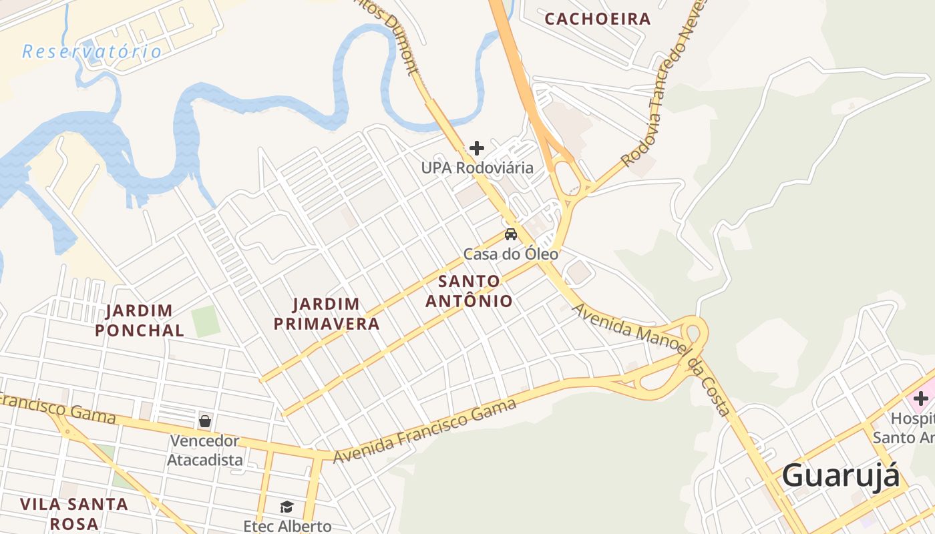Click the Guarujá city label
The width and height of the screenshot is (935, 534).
[x=840, y=476]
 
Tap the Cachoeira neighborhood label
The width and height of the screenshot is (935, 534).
[x=598, y=19]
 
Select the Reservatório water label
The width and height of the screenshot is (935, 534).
[x=91, y=51]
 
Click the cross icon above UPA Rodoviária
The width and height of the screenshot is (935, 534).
[x=477, y=148]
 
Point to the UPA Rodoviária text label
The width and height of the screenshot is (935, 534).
[x=477, y=168]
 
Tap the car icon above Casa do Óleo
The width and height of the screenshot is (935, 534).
[x=511, y=234]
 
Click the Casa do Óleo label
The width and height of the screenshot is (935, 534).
[x=511, y=254]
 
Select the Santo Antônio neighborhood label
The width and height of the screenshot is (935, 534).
[x=469, y=291]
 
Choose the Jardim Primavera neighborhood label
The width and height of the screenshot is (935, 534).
[x=336, y=314]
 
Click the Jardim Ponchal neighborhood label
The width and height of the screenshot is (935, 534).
[x=140, y=320]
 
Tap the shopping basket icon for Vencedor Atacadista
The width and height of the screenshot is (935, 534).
[x=205, y=422]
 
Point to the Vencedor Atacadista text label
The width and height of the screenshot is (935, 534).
[x=204, y=451]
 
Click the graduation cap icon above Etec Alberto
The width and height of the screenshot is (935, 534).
[x=287, y=507]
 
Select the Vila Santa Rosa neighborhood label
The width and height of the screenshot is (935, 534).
[x=73, y=513]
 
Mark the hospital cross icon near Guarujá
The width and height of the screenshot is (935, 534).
[x=921, y=399]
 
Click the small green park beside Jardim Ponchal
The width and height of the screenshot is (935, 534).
[x=206, y=321]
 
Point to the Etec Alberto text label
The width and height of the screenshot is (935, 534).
[x=287, y=526]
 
